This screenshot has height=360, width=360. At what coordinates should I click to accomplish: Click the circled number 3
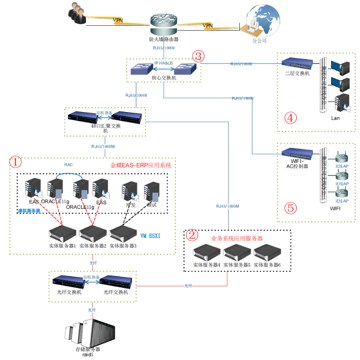point(198,56)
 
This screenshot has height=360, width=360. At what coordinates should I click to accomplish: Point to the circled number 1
point(15,161)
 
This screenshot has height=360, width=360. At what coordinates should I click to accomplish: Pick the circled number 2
point(192,234)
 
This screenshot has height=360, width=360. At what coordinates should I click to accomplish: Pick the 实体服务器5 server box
point(237,253)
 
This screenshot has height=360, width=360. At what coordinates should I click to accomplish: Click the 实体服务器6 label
point(267,265)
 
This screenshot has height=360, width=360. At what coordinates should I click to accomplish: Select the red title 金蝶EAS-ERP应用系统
point(141,165)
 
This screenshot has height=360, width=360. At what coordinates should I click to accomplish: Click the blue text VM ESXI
point(150,235)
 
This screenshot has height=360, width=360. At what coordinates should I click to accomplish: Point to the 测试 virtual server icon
point(151,191)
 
